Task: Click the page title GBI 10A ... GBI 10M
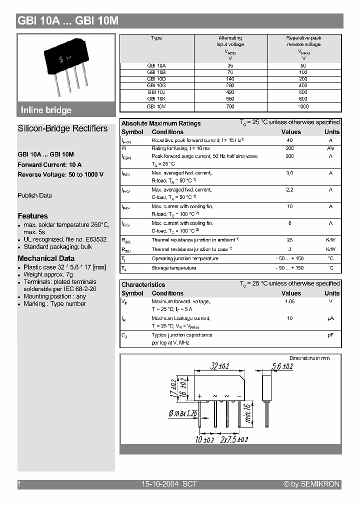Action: click(68, 21)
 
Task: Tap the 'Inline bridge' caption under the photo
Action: click(46, 110)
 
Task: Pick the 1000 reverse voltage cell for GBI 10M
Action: click(303, 106)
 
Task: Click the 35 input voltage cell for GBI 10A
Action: click(230, 65)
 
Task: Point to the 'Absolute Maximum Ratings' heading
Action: click(161, 123)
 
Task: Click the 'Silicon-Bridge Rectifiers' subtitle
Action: click(62, 128)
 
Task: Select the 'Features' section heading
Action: click(33, 216)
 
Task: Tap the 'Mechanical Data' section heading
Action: click(46, 258)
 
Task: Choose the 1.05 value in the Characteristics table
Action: click(290, 302)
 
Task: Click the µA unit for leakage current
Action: click(330, 318)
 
